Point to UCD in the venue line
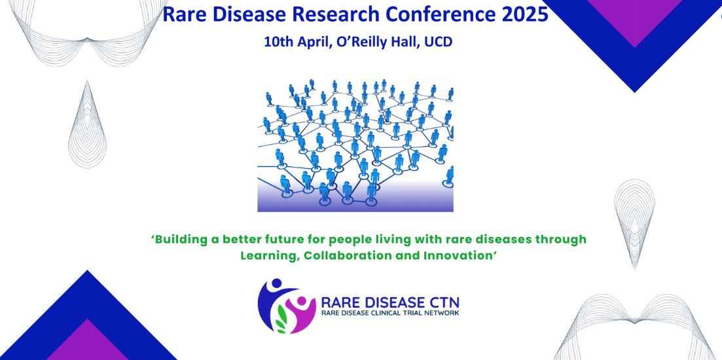coord(439,42)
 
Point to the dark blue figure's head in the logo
coord(277,283)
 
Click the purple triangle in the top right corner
coord(634,18)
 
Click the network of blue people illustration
coord(355,145)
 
